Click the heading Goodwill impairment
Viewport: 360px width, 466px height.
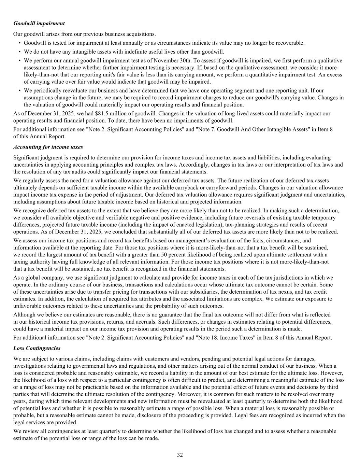[x=39, y=24]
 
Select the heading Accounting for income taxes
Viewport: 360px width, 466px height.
[x=48, y=147]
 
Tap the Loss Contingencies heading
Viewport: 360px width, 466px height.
[x=37, y=348]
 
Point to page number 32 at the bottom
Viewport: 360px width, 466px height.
[x=180, y=455]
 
